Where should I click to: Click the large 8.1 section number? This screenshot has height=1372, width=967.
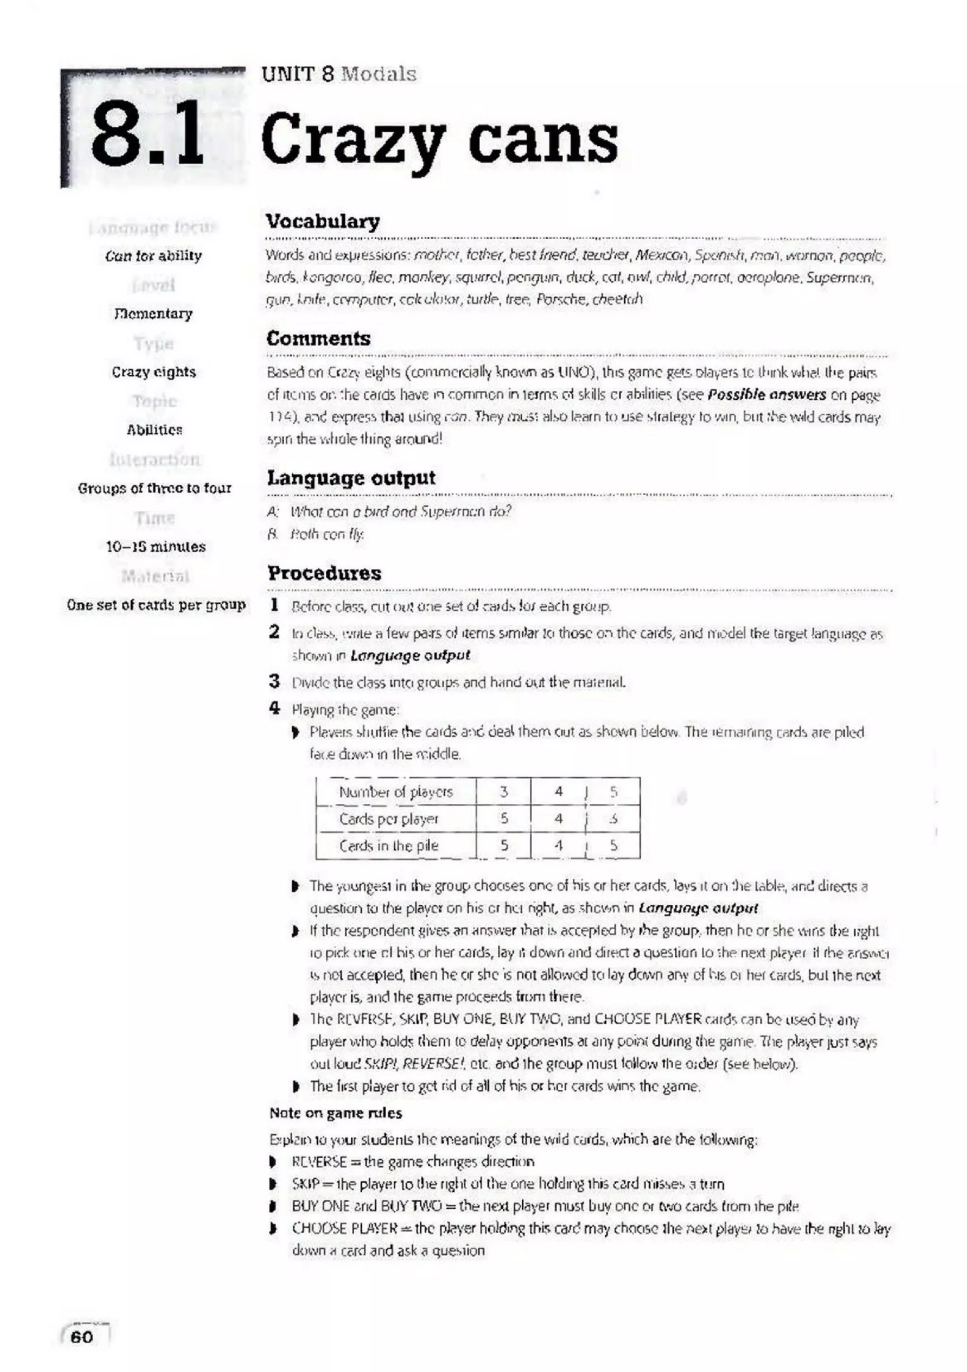(146, 141)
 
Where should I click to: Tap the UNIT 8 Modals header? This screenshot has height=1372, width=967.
(338, 74)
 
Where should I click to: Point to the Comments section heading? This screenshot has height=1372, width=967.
(319, 338)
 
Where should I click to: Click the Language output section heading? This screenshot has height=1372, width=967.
(351, 478)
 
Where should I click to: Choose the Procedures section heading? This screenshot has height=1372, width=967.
(324, 572)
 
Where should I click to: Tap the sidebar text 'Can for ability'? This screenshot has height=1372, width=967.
(153, 256)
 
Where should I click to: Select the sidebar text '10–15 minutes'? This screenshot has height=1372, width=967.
(155, 546)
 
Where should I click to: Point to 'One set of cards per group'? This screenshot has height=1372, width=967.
(156, 604)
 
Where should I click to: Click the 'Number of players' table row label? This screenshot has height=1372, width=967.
(396, 792)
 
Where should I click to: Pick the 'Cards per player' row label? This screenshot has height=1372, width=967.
(389, 819)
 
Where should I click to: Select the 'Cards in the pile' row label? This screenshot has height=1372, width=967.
(389, 846)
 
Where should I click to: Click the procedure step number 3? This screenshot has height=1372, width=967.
(274, 681)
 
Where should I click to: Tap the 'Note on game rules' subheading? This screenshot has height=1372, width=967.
(335, 1113)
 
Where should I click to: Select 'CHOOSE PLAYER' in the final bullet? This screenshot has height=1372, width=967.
(344, 1229)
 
